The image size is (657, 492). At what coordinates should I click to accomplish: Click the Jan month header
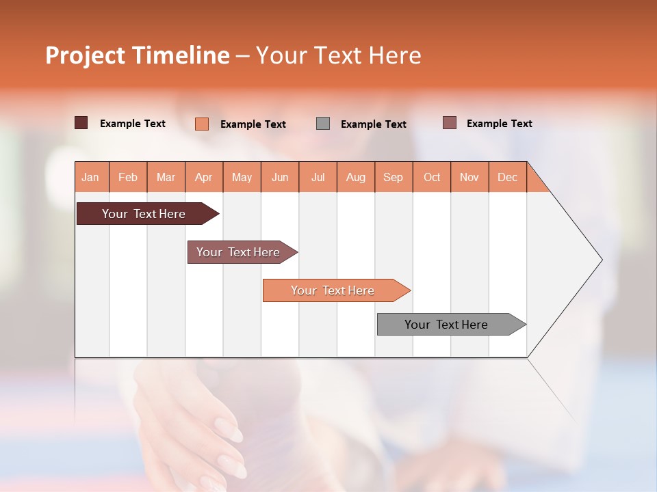tap(90, 177)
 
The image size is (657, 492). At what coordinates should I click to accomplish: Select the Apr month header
tap(203, 177)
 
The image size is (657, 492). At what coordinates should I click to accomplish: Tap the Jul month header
tap(318, 177)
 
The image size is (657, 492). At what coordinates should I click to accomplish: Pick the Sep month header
tap(393, 177)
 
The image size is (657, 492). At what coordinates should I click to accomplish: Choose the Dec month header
tap(507, 177)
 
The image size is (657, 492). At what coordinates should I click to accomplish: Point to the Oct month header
tap(432, 177)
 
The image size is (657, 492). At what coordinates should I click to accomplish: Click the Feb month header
tap(128, 177)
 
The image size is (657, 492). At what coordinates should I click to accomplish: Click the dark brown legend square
tap(81, 123)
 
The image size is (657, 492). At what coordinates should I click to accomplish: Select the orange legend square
tap(201, 124)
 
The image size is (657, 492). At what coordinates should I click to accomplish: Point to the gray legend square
tap(323, 124)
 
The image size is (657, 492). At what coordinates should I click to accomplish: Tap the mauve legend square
tap(449, 123)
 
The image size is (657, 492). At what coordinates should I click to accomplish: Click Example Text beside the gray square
tap(373, 124)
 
